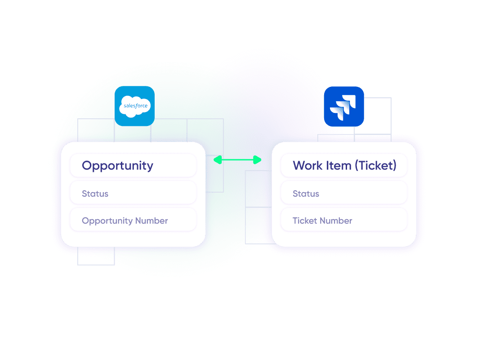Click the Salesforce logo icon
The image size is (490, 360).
pyautogui.click(x=134, y=106)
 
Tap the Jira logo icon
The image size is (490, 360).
pyautogui.click(x=344, y=106)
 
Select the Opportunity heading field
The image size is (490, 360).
pyautogui.click(x=133, y=166)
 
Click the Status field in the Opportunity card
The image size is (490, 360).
pyautogui.click(x=133, y=194)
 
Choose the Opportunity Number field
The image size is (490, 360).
pyautogui.click(x=133, y=221)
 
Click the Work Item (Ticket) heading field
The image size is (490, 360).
pyautogui.click(x=344, y=166)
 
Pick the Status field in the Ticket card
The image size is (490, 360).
pyautogui.click(x=344, y=194)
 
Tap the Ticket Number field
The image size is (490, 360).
pyautogui.click(x=344, y=221)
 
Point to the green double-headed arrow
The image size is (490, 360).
pyautogui.click(x=237, y=160)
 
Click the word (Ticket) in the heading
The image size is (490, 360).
pyautogui.click(x=375, y=166)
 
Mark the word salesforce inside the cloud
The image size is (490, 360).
pyautogui.click(x=134, y=106)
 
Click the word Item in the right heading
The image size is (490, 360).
pyautogui.click(x=339, y=166)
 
